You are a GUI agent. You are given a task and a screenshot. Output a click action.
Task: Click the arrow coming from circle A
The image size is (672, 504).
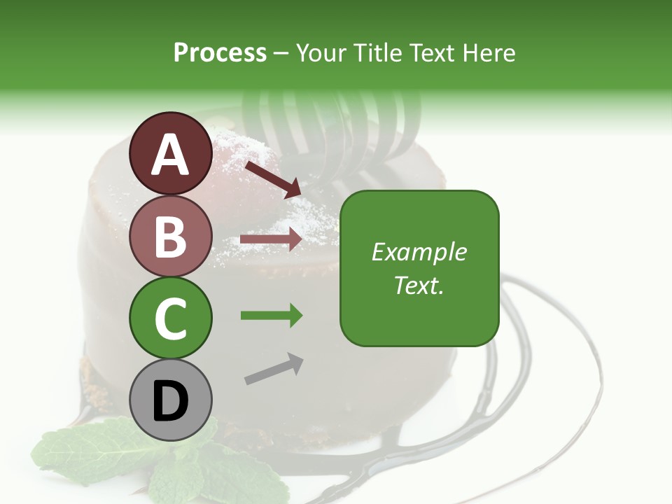[x=272, y=178]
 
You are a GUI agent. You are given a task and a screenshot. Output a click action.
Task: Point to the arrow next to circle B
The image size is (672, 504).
[x=271, y=239]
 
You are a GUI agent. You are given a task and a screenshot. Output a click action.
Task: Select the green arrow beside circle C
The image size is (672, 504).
[x=271, y=316]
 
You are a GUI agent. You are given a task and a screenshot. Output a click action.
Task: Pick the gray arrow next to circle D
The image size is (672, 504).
[x=274, y=369]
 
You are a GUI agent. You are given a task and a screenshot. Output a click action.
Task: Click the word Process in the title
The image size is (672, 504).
[x=220, y=52]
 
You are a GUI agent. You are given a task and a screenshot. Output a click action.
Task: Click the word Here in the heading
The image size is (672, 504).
[x=487, y=52]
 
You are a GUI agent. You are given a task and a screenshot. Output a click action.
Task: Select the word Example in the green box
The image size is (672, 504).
[x=419, y=252]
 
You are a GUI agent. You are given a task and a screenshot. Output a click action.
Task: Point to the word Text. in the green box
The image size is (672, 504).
[x=419, y=285]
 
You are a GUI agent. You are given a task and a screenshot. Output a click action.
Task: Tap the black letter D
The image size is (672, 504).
[x=170, y=402]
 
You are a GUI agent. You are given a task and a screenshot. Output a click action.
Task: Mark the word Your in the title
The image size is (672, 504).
[x=321, y=52]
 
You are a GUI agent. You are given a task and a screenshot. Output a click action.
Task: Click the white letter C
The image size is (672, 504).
[x=170, y=318]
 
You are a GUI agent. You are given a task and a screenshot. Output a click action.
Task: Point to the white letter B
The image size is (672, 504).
[x=170, y=237]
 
